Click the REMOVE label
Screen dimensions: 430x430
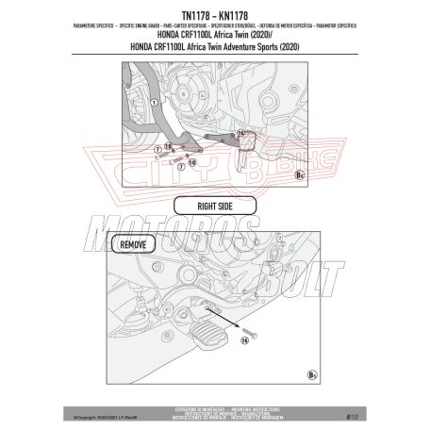pos(130,244)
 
